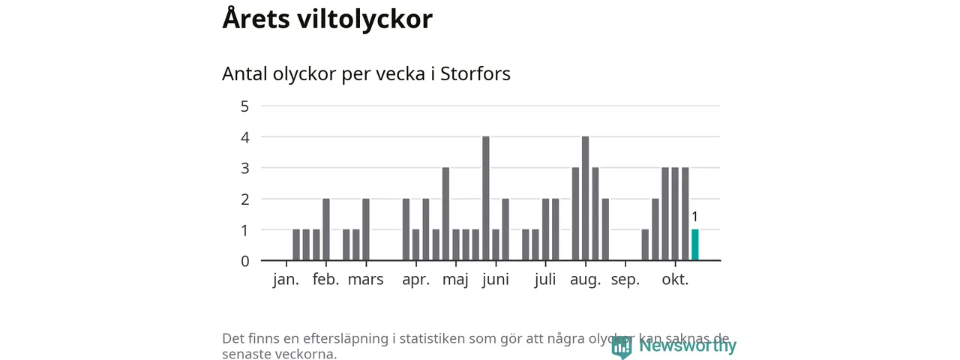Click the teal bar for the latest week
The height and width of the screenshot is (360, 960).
[694, 245]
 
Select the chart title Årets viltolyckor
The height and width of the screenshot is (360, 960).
[327, 19]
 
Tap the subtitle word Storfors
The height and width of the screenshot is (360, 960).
[475, 74]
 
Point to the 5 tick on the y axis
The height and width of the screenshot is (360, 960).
[244, 106]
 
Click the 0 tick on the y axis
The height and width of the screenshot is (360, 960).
[244, 261]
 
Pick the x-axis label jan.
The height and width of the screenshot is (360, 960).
[286, 280]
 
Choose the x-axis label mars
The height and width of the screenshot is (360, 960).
[366, 280]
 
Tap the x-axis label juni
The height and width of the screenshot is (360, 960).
[495, 280]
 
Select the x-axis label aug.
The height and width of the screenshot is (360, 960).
[586, 280]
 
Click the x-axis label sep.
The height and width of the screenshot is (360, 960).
[625, 280]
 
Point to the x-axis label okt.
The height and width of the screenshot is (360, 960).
[675, 280]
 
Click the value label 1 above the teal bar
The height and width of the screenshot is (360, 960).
[694, 217]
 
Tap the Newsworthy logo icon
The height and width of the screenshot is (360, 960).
[621, 346]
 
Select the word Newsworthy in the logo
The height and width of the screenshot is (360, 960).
[688, 346]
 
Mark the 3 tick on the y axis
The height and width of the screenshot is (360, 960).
[244, 168]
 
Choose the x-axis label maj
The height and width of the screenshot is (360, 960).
[455, 280]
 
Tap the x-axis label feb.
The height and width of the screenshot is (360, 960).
[326, 280]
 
